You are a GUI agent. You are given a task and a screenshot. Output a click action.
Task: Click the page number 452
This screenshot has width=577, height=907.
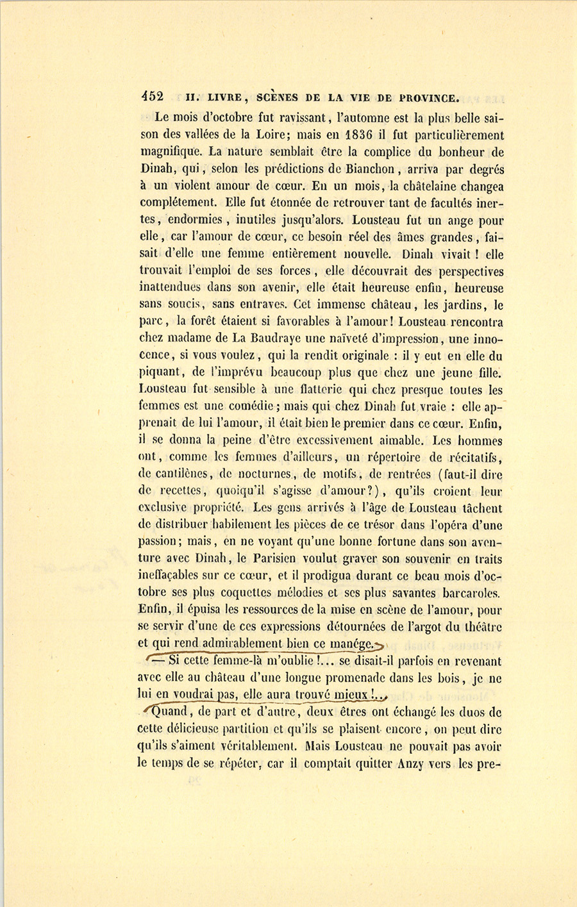(153, 97)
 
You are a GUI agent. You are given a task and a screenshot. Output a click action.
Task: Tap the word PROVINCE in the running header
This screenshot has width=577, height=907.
(429, 98)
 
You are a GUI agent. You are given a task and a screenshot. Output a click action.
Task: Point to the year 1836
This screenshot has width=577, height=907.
(364, 135)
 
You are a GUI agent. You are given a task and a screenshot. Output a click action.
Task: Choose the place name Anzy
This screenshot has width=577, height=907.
(418, 763)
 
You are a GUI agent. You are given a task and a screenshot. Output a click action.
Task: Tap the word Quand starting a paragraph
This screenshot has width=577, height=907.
(167, 711)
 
